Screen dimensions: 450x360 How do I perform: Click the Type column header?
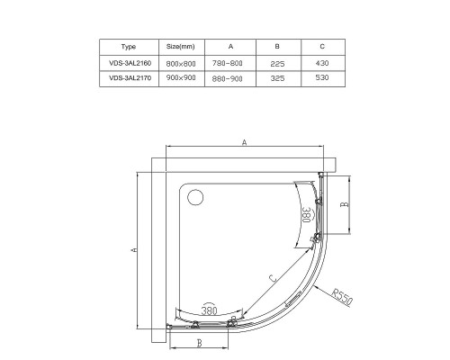[129, 47]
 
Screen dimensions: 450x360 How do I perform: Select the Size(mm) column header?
[181, 47]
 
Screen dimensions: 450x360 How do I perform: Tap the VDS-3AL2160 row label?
[130, 63]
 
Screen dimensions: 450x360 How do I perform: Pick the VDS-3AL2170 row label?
[130, 78]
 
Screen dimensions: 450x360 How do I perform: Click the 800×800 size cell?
[181, 64]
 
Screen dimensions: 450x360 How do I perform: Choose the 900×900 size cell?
[181, 77]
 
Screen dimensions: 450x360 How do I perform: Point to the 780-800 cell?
[228, 63]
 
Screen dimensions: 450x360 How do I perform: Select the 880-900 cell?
[228, 78]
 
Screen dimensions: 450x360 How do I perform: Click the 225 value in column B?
[277, 64]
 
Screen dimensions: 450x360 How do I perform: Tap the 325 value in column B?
[277, 78]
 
